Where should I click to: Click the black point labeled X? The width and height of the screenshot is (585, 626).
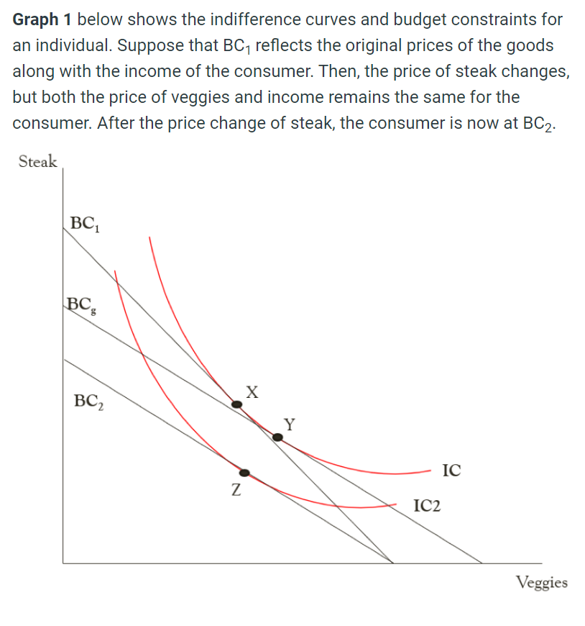[x=237, y=405]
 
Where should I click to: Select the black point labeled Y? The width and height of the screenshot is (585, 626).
[x=277, y=436]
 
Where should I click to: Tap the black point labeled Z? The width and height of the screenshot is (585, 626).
[x=245, y=473]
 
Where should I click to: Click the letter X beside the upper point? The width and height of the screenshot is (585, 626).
[x=251, y=392]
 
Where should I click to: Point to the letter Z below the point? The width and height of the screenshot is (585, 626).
[x=235, y=492]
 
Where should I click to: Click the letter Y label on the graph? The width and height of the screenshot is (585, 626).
[x=289, y=423]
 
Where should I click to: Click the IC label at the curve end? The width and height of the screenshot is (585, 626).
[x=452, y=471]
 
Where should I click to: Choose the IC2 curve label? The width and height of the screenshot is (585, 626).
[x=428, y=506]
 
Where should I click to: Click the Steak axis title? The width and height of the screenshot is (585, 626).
[x=38, y=161]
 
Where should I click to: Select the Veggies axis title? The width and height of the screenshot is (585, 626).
[x=542, y=582]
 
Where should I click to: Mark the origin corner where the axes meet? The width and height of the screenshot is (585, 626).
[x=63, y=563]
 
